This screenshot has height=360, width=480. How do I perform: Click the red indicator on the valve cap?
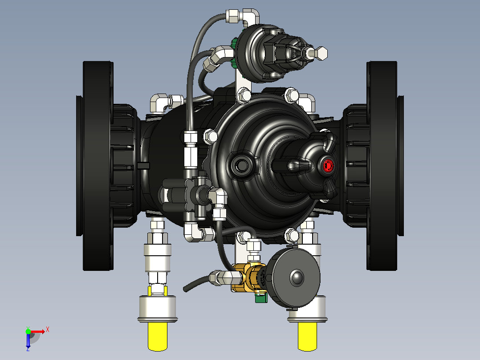[328, 165]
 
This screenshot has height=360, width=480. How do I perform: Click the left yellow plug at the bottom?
[158, 336]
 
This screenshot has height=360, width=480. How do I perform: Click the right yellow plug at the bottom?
[307, 336]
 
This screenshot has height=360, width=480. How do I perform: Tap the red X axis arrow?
[38, 331]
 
